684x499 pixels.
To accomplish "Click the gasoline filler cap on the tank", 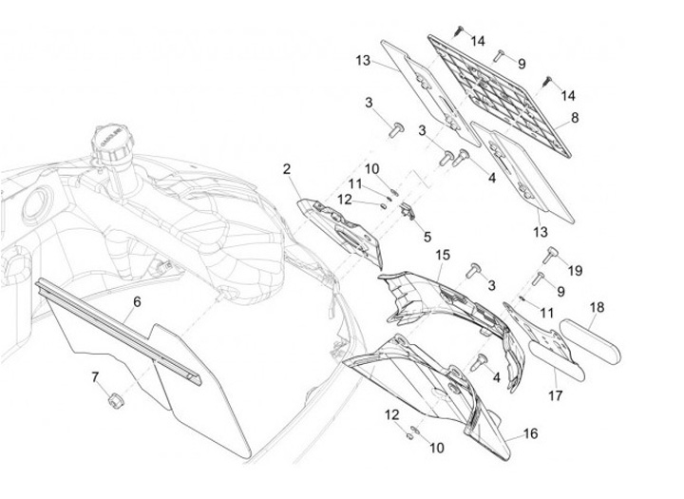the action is point(109,144).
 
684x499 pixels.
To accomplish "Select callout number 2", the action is point(287,169).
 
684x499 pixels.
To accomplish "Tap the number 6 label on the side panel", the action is point(137,301).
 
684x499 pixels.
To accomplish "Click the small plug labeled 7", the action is point(114,400).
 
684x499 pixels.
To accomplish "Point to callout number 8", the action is point(575,118).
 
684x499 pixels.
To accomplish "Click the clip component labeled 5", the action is point(408,211).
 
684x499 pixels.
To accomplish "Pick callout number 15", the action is point(443,255).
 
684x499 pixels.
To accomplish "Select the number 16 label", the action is point(530,433).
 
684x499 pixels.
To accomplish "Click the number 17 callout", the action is point(556,395).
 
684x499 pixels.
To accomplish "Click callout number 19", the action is point(576,271).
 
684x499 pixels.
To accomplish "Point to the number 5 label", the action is point(427,237).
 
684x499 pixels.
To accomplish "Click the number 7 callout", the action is point(95,376).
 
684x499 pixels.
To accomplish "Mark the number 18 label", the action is point(598,307).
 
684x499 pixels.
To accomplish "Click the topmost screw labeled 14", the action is point(460,30).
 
